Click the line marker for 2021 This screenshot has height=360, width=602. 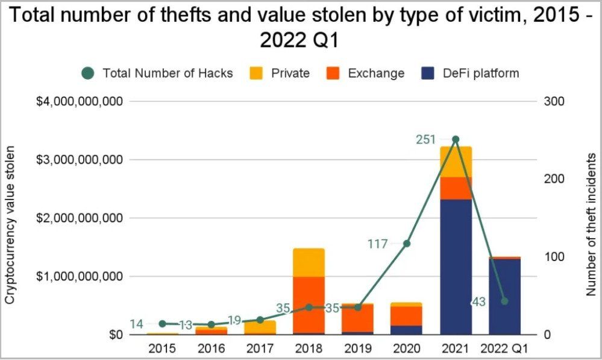pos(456,139)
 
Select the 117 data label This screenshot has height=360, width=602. pos(378,244)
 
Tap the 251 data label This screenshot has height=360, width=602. pos(426,139)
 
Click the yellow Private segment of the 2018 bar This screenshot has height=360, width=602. pos(309,262)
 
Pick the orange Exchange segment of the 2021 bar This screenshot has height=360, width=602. pos(456,188)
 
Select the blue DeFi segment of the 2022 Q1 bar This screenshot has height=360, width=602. pos(504,297)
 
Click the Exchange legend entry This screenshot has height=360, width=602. pos(365,73)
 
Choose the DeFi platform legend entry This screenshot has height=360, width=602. pos(470,73)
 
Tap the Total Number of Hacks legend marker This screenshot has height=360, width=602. pos(88,73)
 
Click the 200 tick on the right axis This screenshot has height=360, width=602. pos(554,178)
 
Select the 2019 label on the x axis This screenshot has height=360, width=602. pos(358,349)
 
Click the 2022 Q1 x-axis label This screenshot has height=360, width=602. pos(504,349)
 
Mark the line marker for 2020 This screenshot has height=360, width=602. pos(407,244)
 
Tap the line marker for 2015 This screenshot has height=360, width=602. pos(163,324)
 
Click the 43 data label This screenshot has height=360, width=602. pos(478,302)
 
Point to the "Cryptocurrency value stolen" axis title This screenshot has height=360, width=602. pos(10,225)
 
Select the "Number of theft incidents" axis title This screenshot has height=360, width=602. pos(591,225)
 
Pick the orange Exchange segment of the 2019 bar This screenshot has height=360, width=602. pos(358,318)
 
